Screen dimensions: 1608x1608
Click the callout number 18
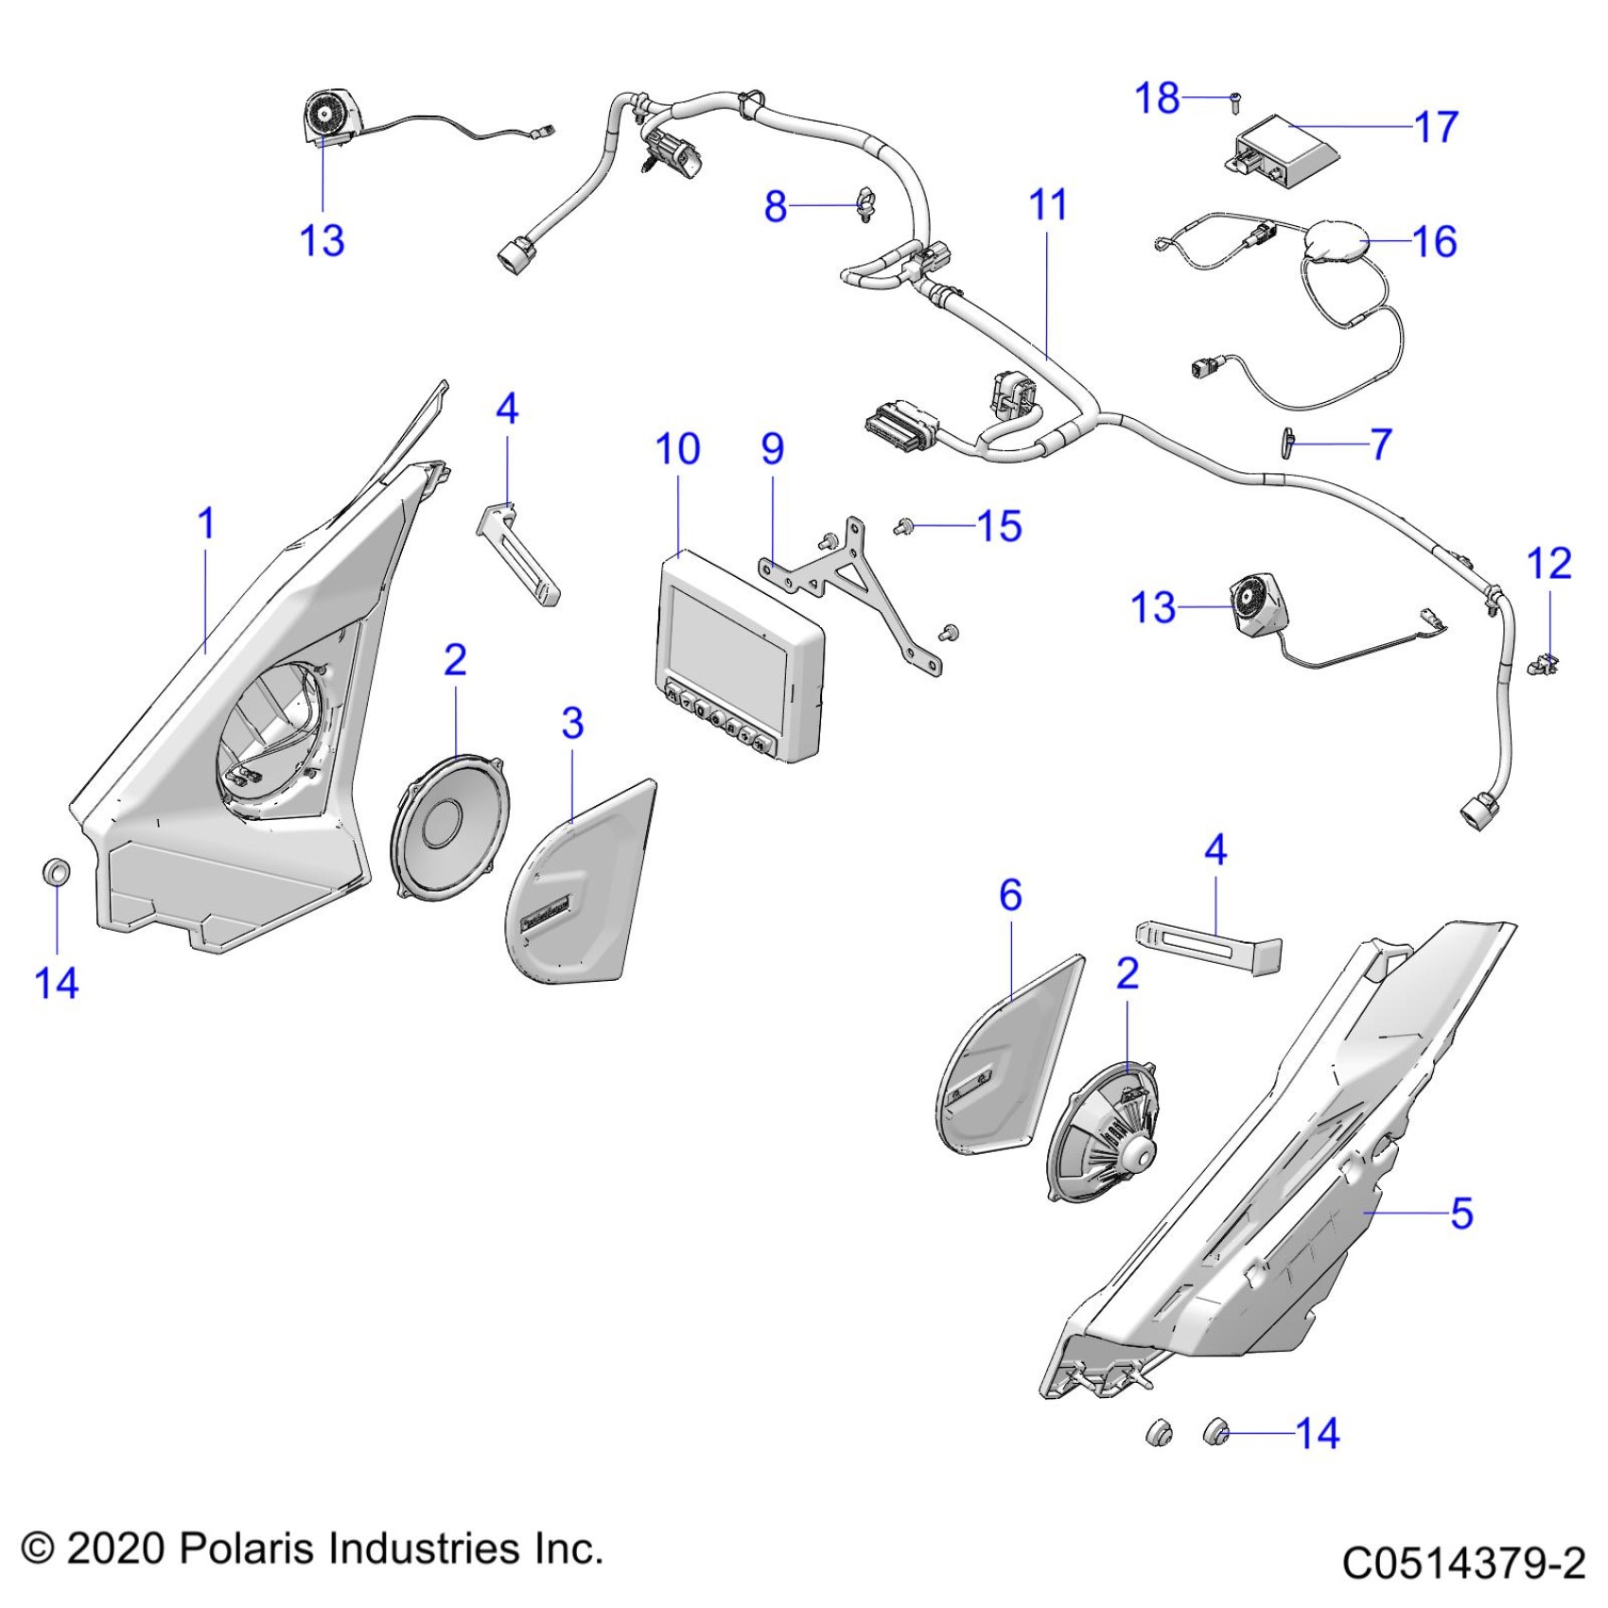coord(1157,98)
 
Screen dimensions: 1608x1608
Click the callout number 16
coord(1434,242)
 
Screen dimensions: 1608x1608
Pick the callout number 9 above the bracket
coord(773,449)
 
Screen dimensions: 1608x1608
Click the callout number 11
coord(1047,205)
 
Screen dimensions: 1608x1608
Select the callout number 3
coord(572,724)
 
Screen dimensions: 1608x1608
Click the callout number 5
coord(1461,1213)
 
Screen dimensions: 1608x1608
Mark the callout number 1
coord(206,523)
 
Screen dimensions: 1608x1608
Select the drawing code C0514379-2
coord(1463,1563)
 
